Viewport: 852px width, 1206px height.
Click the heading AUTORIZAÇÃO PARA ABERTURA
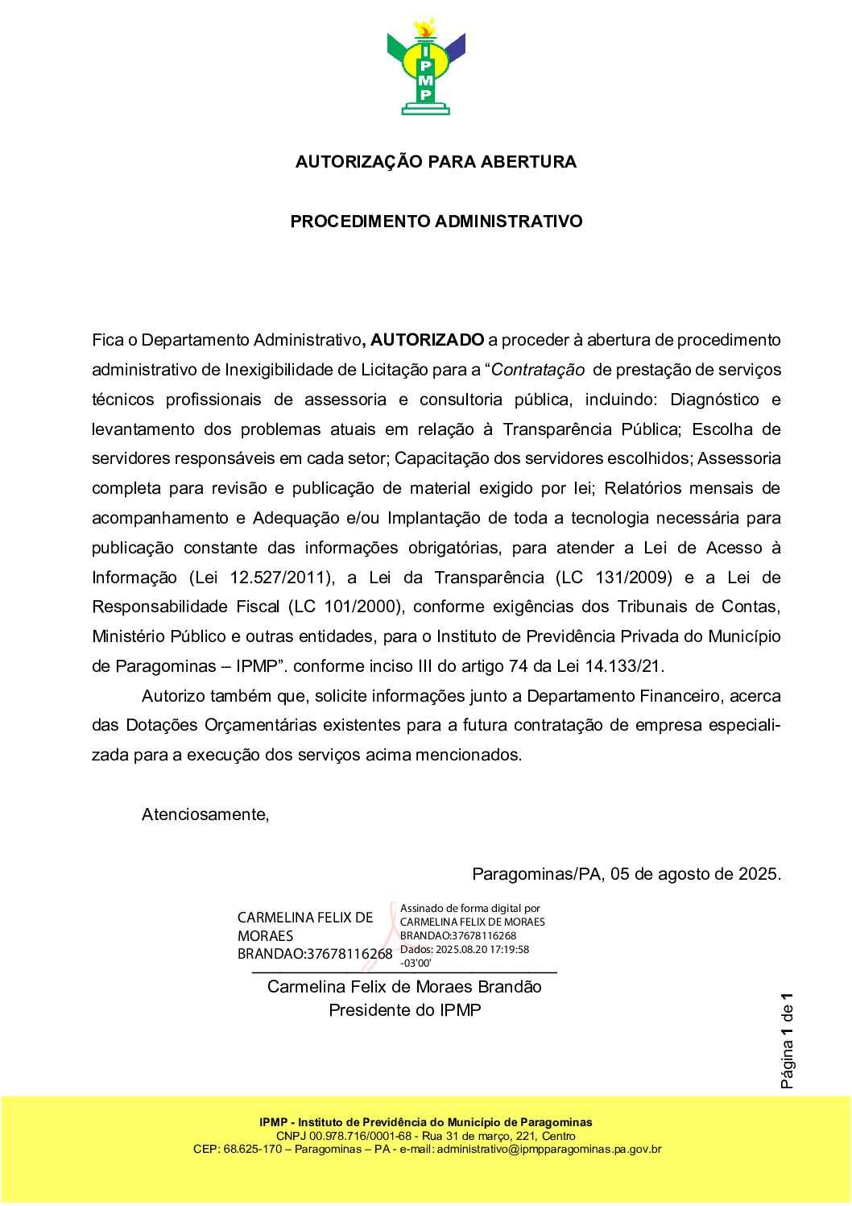pyautogui.click(x=436, y=162)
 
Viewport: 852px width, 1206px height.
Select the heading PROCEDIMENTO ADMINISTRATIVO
pyautogui.click(x=436, y=222)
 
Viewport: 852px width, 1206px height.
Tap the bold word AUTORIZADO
pyautogui.click(x=428, y=340)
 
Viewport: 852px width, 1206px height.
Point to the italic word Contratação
pyautogui.click(x=538, y=370)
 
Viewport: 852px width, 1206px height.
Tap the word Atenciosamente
pyautogui.click(x=205, y=814)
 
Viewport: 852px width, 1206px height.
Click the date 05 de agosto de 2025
pyautogui.click(x=695, y=874)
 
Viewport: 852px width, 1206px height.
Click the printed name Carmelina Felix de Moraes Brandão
pyautogui.click(x=404, y=987)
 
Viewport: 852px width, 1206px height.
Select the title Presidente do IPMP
pyautogui.click(x=404, y=1010)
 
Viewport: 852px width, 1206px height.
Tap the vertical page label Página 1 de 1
pyautogui.click(x=787, y=1042)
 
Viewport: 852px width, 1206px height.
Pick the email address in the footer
pyautogui.click(x=549, y=1150)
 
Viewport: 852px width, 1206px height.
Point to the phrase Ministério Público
pyautogui.click(x=159, y=636)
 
